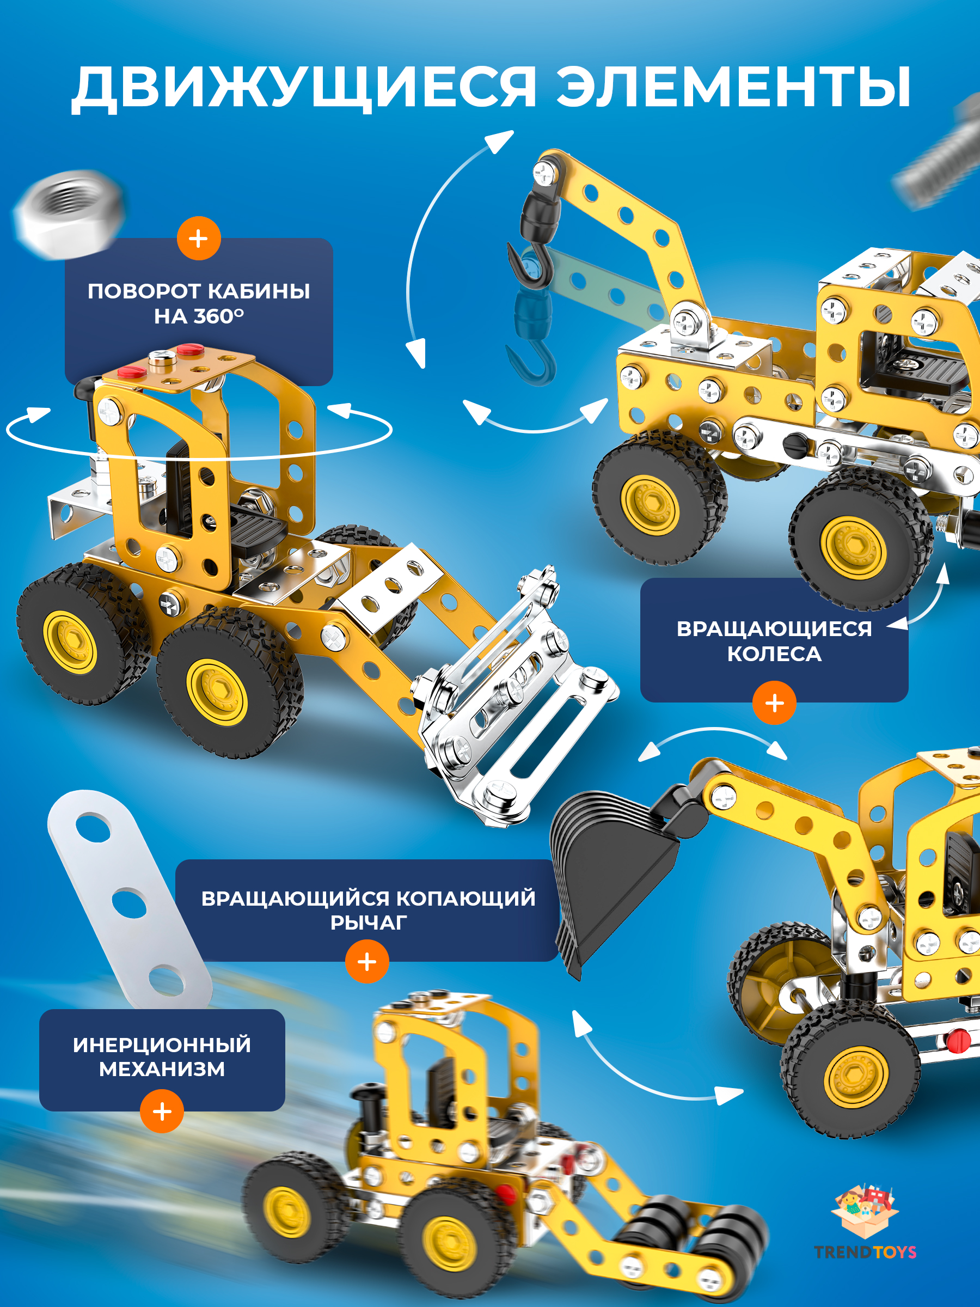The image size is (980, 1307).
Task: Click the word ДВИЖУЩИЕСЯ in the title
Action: pos(304,88)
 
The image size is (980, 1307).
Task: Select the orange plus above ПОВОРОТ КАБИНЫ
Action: pos(199,239)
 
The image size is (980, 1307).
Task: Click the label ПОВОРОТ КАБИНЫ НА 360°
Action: pos(199,304)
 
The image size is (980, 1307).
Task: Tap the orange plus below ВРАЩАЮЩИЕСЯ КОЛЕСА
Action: pos(774,703)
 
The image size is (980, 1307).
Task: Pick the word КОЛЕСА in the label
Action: pos(774,654)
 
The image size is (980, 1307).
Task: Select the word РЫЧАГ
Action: pos(369,923)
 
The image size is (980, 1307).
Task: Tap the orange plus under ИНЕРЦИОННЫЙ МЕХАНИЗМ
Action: pos(162,1111)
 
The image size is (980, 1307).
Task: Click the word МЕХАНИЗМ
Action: pos(162,1070)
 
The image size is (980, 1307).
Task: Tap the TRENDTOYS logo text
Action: pos(865,1251)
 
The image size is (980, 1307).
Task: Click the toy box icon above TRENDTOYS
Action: pos(865,1210)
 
